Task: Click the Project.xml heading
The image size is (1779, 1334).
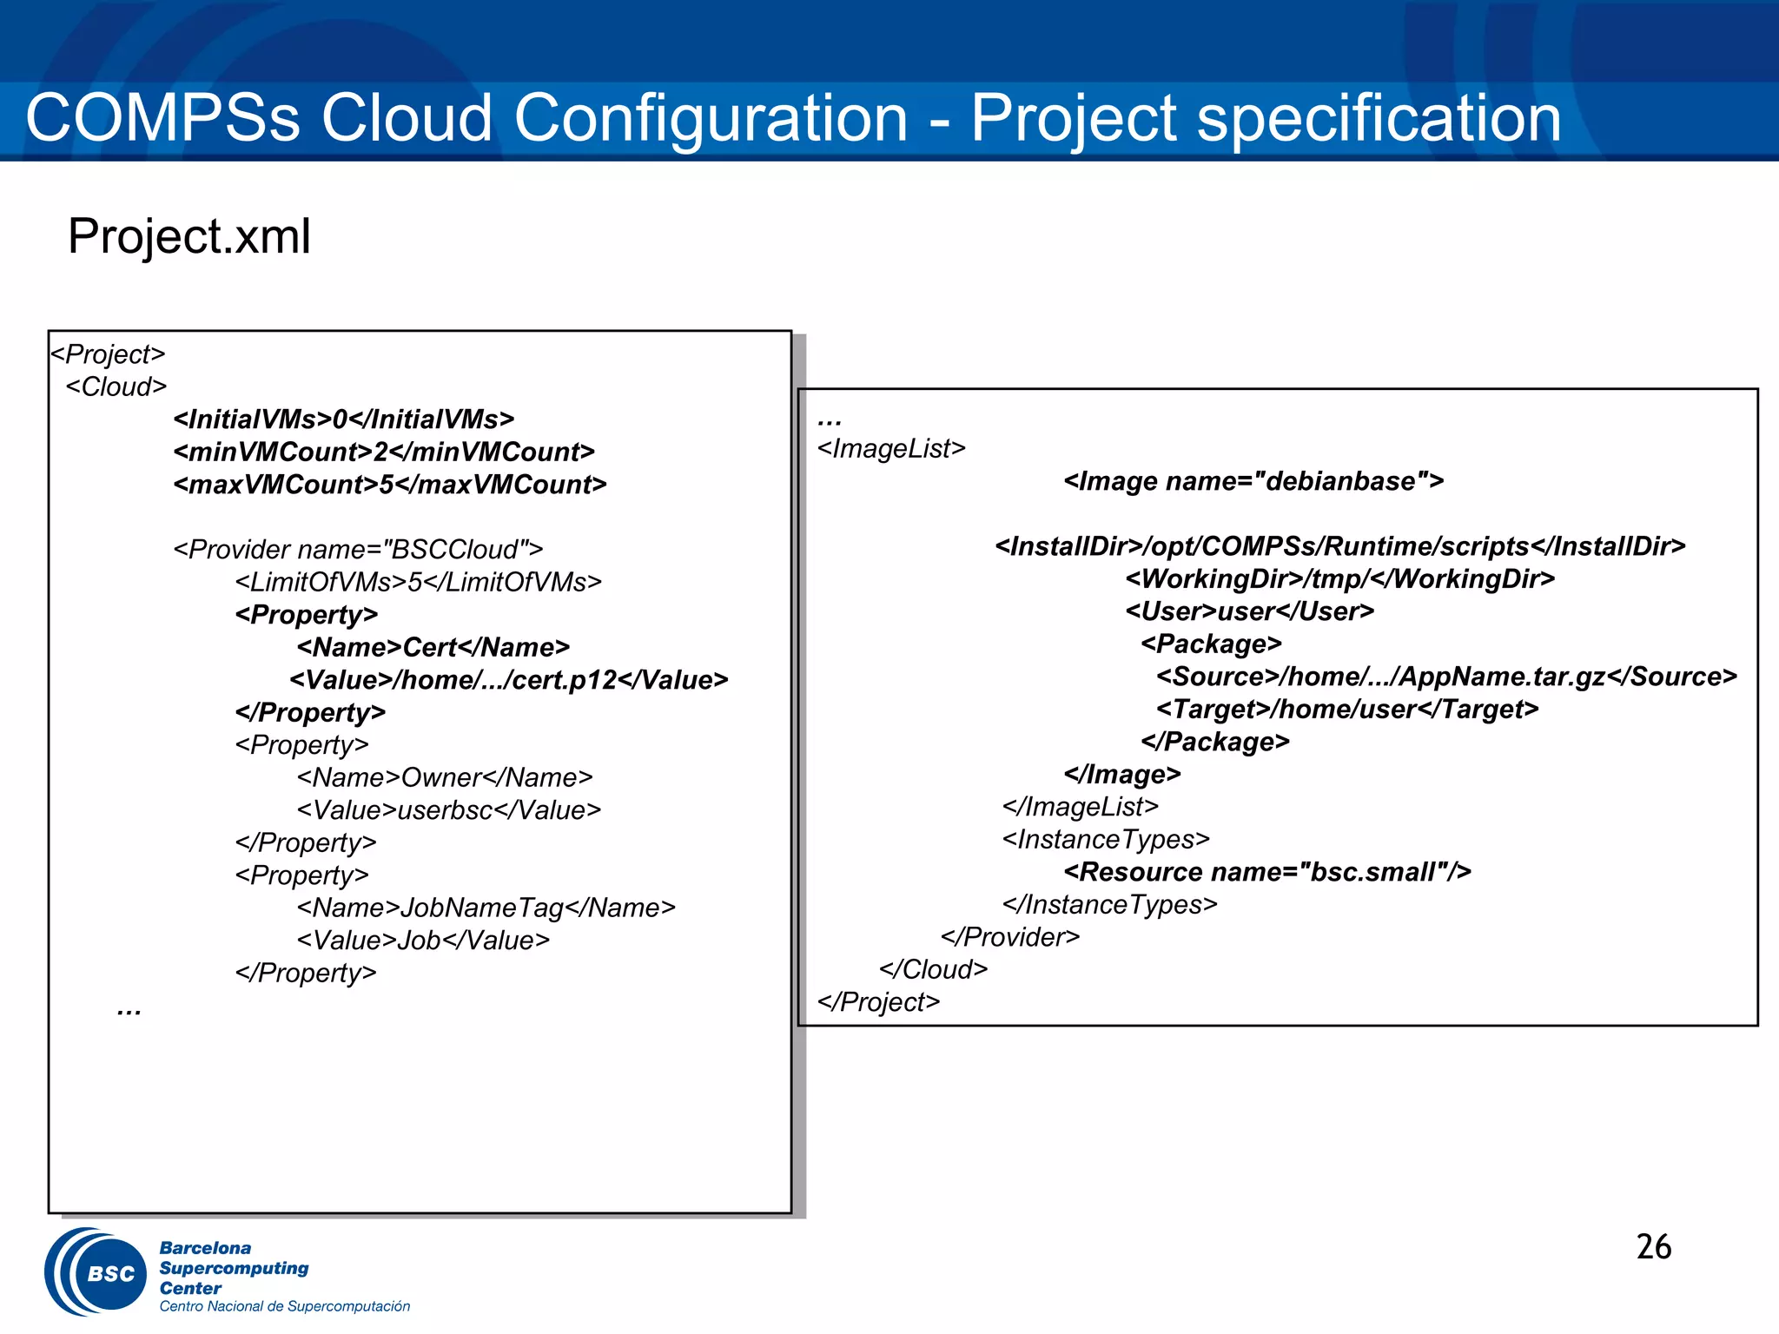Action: click(188, 236)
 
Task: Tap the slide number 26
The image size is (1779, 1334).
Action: click(1653, 1247)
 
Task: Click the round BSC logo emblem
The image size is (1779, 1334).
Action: click(97, 1272)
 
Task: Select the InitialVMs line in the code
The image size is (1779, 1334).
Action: click(344, 419)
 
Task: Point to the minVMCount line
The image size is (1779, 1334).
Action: click(384, 452)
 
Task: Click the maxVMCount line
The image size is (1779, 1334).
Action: click(390, 485)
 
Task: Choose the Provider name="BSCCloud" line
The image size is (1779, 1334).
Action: click(358, 550)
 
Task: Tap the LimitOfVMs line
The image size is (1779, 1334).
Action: click(418, 582)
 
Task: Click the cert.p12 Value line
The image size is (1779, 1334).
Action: click(509, 680)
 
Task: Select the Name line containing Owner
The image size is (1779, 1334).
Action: click(445, 777)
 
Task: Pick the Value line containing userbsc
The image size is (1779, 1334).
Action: click(448, 810)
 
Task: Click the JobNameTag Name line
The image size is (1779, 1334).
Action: click(486, 908)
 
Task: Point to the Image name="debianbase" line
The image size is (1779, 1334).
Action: click(1253, 481)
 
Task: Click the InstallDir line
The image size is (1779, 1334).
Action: click(1339, 546)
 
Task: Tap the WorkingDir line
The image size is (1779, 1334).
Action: click(1339, 578)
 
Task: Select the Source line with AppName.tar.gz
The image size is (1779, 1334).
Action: click(1446, 677)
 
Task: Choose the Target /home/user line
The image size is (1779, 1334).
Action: click(1347, 710)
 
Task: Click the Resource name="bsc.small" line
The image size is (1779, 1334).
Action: click(1267, 872)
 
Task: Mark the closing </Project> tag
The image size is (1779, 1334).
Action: click(878, 1002)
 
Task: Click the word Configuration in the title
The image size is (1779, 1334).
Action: click(711, 119)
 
